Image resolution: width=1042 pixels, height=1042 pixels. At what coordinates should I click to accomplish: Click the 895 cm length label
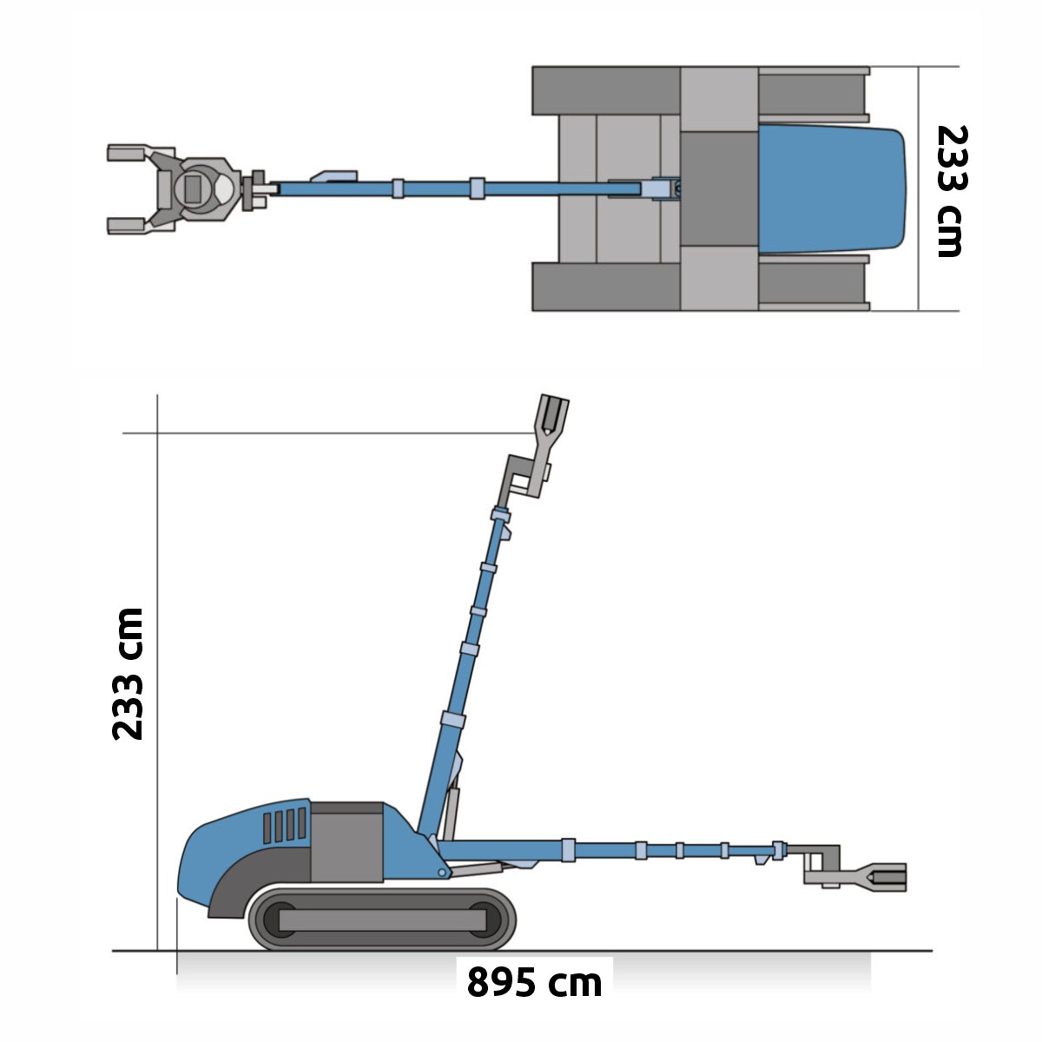[x=534, y=981]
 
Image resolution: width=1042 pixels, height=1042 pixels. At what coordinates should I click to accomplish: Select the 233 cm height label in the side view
[x=128, y=674]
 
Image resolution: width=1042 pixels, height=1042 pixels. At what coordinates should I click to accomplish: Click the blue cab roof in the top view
[x=832, y=188]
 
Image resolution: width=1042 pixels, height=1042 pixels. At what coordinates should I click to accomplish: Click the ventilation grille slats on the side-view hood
[x=285, y=825]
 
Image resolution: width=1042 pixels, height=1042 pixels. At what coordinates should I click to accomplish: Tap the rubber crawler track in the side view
[x=382, y=920]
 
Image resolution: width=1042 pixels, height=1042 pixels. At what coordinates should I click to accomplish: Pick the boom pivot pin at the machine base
[x=442, y=873]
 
